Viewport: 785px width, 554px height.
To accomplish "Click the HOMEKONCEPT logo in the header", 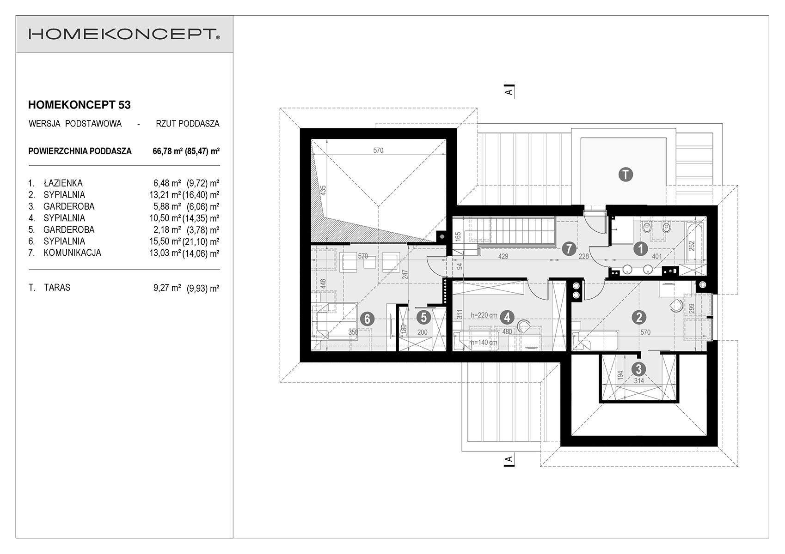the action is [x=124, y=34].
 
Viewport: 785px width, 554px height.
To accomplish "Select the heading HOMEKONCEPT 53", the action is [x=79, y=105].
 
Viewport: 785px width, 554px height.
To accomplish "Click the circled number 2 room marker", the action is [x=639, y=318].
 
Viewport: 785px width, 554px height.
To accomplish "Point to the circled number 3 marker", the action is [x=639, y=369].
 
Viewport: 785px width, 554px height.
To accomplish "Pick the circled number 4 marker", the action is [x=507, y=318].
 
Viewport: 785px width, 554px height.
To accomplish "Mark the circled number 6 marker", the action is [x=367, y=319].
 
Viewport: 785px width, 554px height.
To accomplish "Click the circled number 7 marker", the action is [x=569, y=249].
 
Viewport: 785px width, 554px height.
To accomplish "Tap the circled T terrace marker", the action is [x=626, y=175].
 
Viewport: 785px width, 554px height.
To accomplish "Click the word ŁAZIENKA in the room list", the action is [x=63, y=183].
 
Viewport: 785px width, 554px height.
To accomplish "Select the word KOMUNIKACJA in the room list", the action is [x=72, y=253].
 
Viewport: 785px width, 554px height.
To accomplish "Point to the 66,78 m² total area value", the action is [x=166, y=151].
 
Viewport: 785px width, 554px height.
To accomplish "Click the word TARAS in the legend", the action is [x=57, y=288].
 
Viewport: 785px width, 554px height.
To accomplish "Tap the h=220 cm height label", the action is [x=484, y=315].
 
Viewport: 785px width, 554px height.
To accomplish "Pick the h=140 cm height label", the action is [x=484, y=342].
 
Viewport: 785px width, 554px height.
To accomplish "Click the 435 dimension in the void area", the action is [x=323, y=190].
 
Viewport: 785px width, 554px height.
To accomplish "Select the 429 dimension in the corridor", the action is [x=503, y=257].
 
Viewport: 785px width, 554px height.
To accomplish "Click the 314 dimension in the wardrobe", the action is [x=639, y=381].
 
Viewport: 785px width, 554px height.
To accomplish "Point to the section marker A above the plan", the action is [x=509, y=92].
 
